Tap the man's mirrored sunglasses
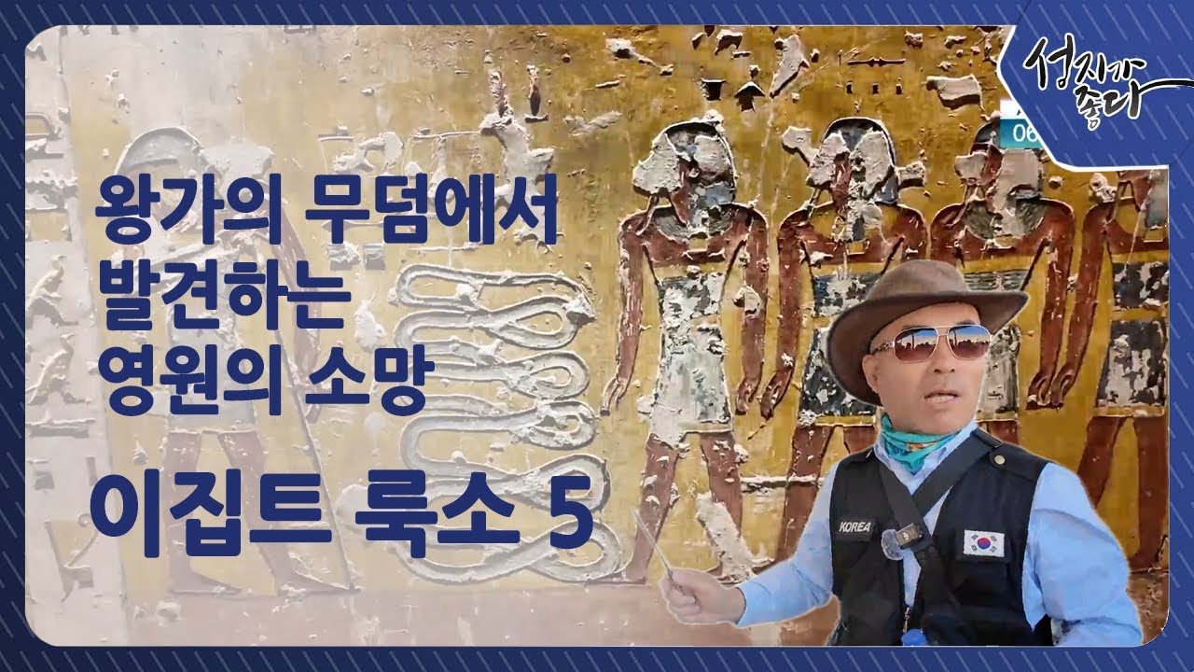tap(932, 343)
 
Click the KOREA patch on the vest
tap(854, 526)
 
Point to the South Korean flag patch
tap(983, 542)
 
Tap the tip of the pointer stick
tap(636, 512)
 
